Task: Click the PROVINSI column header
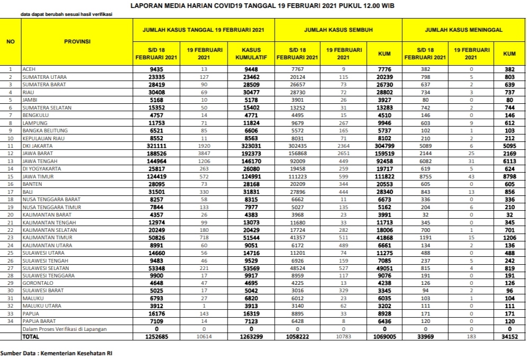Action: pyautogui.click(x=77, y=41)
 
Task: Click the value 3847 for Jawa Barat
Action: pyautogui.click(x=204, y=152)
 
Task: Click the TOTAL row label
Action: pyautogui.click(x=30, y=337)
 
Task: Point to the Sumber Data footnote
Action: pyautogui.click(x=56, y=353)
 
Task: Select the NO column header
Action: pyautogui.click(x=10, y=41)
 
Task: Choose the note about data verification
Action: pyautogui.click(x=66, y=14)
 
